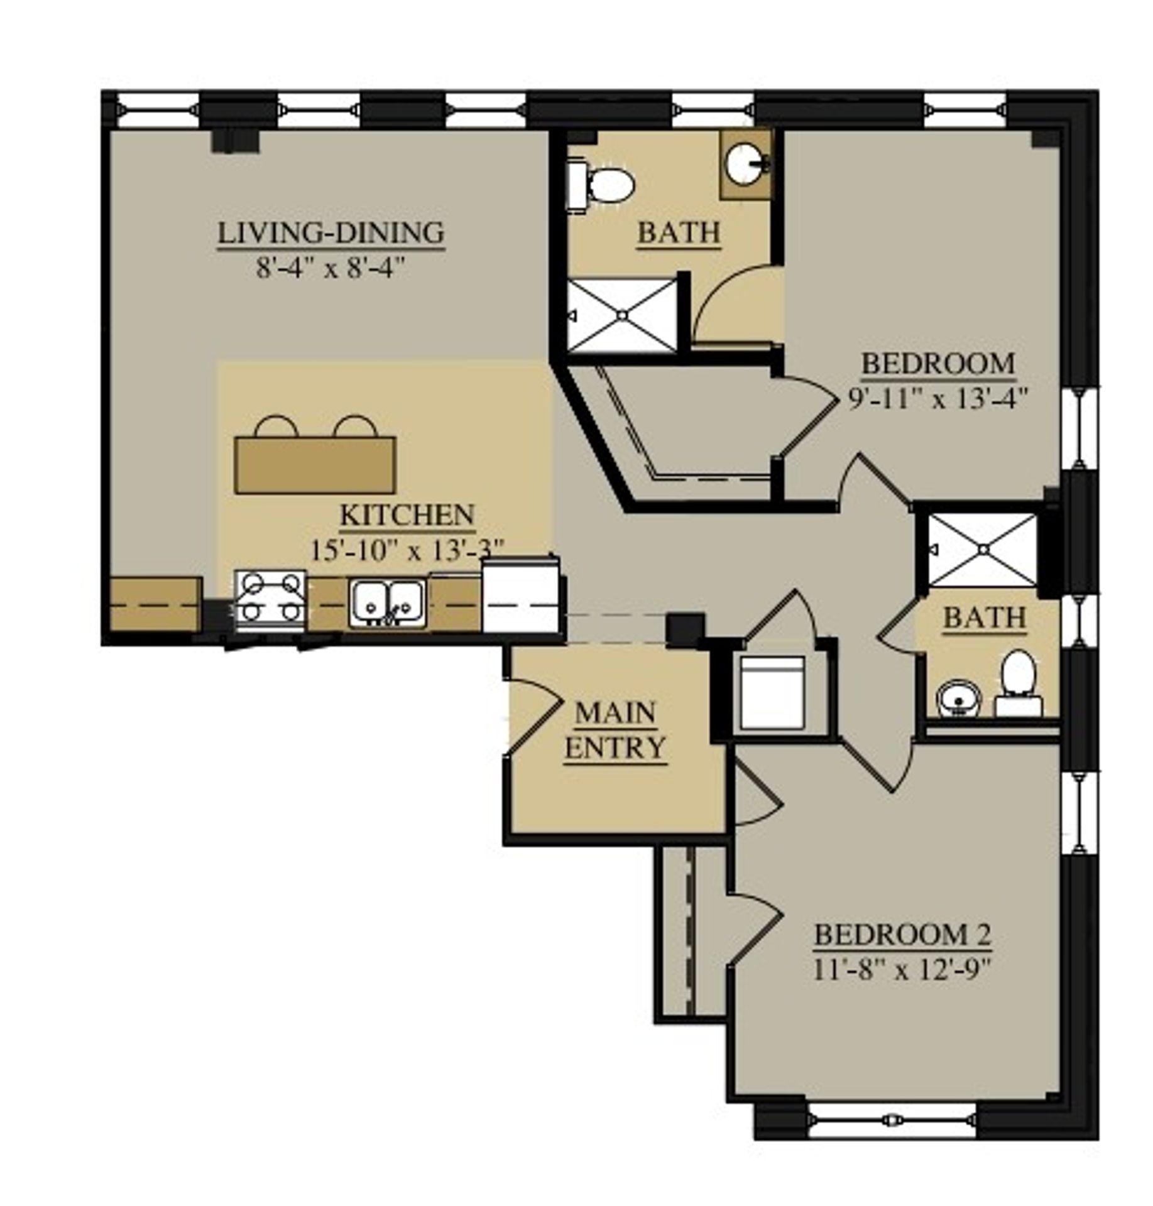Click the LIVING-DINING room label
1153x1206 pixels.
tap(331, 233)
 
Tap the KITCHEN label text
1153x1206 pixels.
tap(407, 515)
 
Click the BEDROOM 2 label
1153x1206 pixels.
tap(902, 935)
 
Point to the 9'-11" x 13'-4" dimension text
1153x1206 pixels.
tap(937, 399)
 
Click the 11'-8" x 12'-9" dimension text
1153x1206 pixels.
tap(902, 971)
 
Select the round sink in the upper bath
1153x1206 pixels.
tap(746, 165)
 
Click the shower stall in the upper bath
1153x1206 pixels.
tap(622, 316)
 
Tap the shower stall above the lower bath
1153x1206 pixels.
tap(982, 550)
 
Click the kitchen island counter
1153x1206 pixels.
tap(315, 465)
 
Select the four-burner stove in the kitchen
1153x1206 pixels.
tap(271, 599)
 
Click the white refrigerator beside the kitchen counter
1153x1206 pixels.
tap(521, 597)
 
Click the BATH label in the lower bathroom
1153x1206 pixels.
tap(984, 618)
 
